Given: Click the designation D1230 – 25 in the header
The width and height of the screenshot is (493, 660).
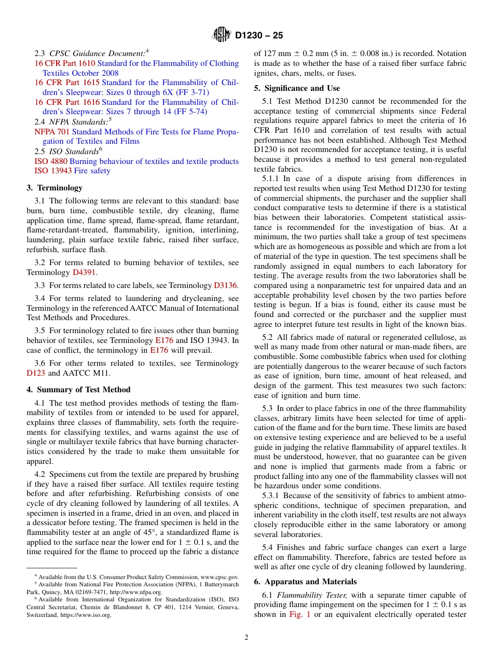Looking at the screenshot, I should coord(259,36).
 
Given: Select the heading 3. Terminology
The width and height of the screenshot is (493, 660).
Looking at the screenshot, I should coord(54,188).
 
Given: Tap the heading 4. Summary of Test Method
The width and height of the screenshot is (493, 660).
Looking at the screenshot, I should coord(78,390).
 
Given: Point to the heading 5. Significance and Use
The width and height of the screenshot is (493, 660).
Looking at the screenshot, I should coord(297,88).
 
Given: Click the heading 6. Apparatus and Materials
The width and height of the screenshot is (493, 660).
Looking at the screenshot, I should coord(305,582).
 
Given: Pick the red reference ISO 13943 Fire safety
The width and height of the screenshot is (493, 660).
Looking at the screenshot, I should coord(72,171).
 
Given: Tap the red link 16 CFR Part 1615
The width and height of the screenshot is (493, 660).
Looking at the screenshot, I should coord(67,82).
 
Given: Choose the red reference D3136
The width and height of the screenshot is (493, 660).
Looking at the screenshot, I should coord(226,285).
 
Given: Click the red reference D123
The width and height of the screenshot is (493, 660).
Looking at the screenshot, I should coord(36,373).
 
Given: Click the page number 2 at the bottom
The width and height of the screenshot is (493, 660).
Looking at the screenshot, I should coord(246,638).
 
